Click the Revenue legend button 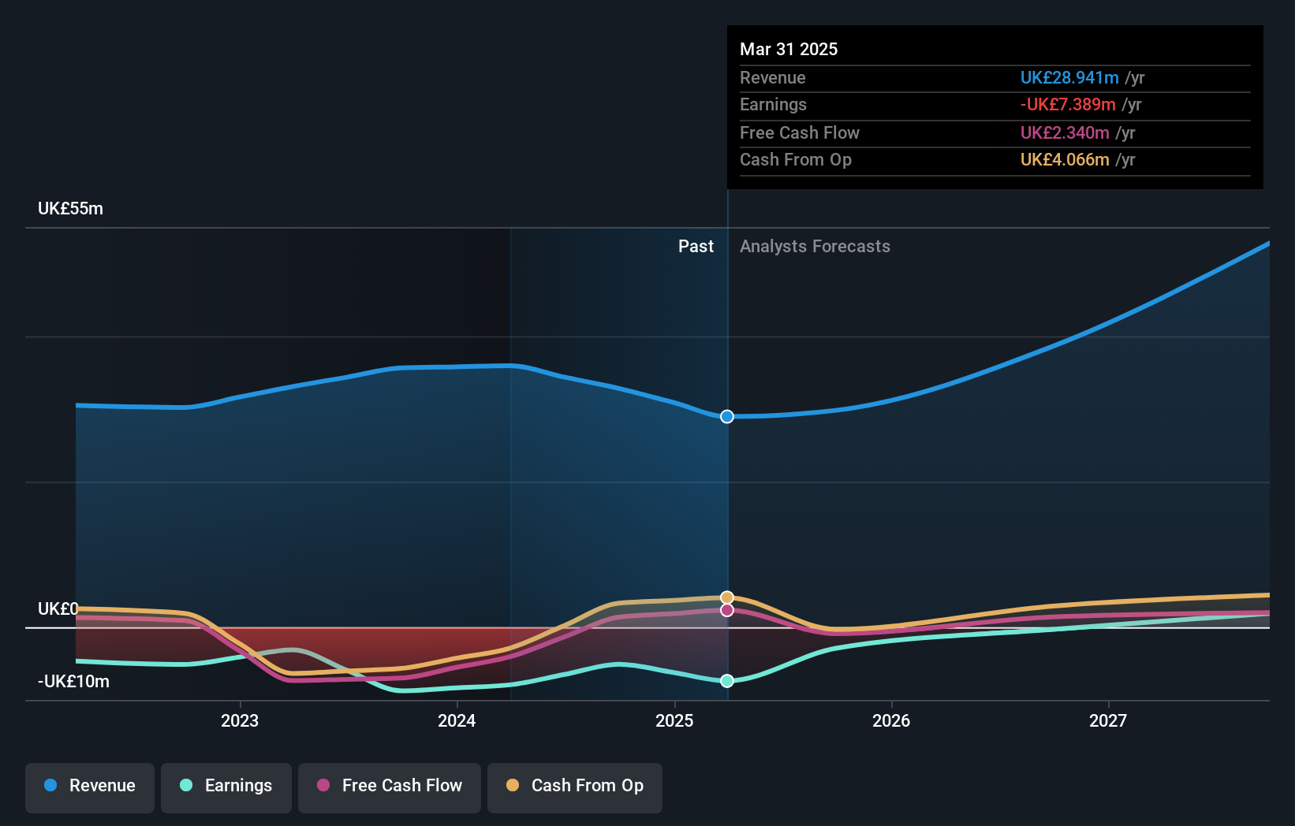tap(90, 787)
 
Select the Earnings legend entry tap(226, 787)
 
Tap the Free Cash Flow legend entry tap(390, 787)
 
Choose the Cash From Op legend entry tap(575, 787)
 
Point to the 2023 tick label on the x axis tap(240, 721)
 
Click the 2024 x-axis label tap(457, 721)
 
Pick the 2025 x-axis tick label tap(674, 721)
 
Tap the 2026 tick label tap(891, 721)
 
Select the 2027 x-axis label tap(1108, 721)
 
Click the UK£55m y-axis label tap(70, 209)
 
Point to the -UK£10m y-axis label tap(73, 682)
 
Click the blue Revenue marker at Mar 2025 tap(727, 416)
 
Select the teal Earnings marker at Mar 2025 tap(727, 681)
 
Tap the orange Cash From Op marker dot tap(727, 597)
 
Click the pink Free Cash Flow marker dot tap(727, 610)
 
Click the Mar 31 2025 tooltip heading tap(789, 49)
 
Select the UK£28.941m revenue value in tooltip tap(1069, 78)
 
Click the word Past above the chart tap(696, 247)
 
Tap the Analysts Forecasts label tap(815, 247)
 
